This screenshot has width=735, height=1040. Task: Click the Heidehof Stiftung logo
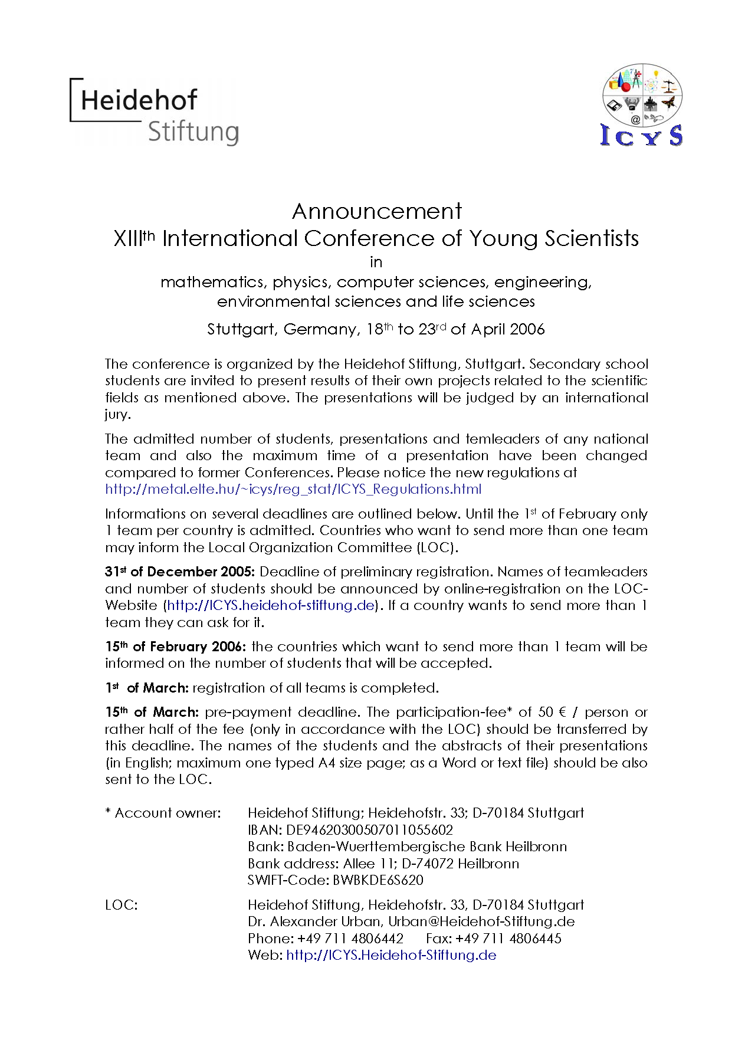155,112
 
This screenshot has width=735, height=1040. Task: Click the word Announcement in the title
377,211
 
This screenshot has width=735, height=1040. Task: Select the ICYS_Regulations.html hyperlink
293,489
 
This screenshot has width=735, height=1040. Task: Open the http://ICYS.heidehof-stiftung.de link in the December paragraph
271,605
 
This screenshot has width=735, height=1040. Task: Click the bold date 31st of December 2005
180,572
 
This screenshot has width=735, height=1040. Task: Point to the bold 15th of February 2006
175,647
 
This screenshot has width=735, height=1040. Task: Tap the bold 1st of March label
147,688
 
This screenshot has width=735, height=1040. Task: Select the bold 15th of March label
152,712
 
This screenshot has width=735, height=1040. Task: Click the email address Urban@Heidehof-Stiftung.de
481,921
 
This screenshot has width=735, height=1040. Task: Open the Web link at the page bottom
391,955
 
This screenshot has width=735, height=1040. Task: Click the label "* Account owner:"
163,813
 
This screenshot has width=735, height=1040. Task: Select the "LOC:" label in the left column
122,905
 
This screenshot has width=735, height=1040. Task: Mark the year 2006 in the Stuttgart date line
527,329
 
